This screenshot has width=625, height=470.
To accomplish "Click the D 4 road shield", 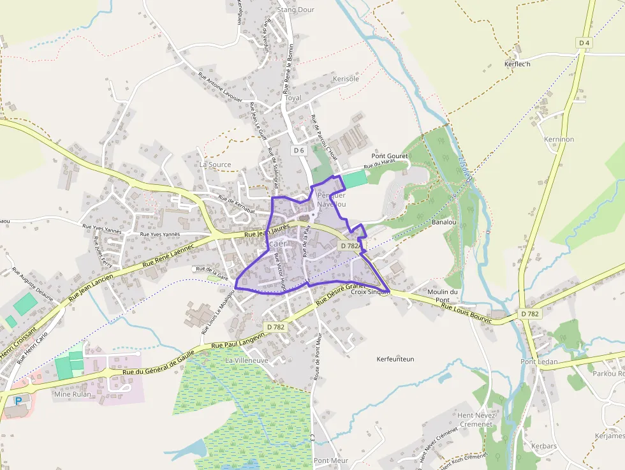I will [584, 42].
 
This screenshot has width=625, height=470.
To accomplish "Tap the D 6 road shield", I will [299, 150].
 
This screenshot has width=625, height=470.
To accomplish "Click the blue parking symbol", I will [18, 401].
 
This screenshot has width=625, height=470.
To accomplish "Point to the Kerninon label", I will [559, 139].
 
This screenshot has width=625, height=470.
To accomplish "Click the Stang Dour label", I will [296, 10].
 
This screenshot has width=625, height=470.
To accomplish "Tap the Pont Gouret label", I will [390, 156].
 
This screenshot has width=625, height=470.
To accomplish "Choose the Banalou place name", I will [444, 223].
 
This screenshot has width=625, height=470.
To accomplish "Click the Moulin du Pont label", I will [443, 295].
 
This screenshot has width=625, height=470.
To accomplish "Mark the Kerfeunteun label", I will [395, 359].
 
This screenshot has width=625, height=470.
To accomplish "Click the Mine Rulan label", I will [72, 394].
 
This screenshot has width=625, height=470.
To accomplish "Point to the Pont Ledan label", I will [539, 362].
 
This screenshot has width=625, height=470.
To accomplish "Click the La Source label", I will [215, 164].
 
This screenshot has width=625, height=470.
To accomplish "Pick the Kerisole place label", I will [346, 78].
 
